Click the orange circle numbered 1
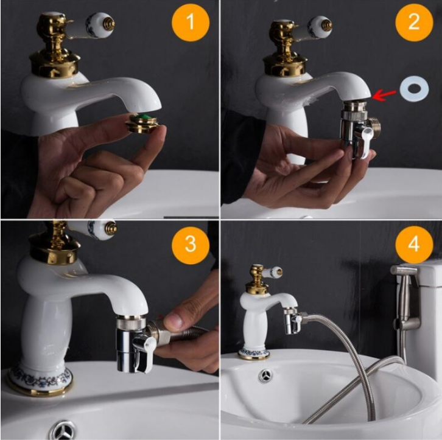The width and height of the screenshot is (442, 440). coord(191,22)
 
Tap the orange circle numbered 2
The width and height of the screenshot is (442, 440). coord(414,22)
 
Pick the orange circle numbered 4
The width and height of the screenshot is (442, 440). coord(414,245)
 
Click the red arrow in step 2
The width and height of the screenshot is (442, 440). coord(384,95)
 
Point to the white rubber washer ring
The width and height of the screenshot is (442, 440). coord(414,89)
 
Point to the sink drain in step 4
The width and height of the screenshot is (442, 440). coord(266,375)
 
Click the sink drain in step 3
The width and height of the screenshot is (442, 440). coord(63,430)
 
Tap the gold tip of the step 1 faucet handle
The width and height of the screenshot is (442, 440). coord(108,24)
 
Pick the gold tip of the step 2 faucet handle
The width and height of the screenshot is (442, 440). coord(328,26)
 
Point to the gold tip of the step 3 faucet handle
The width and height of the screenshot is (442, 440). coord(110,229)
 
